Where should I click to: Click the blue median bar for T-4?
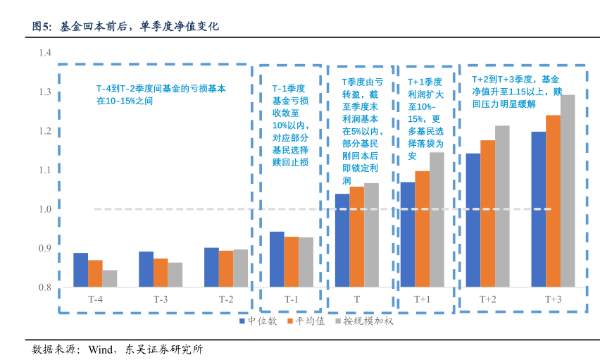point(80,270)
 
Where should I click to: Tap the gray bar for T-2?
point(240,268)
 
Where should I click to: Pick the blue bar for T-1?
point(277,259)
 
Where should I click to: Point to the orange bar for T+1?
point(422,229)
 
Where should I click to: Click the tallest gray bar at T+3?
point(568,190)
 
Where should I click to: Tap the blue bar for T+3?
point(539,209)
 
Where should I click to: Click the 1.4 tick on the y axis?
point(45,53)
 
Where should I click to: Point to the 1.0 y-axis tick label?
point(45,209)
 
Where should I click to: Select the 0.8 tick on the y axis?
point(45,287)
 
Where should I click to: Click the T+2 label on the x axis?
point(487,299)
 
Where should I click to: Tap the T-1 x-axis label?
point(291,299)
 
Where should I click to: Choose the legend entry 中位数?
point(258,321)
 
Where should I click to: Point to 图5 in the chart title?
point(42,27)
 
